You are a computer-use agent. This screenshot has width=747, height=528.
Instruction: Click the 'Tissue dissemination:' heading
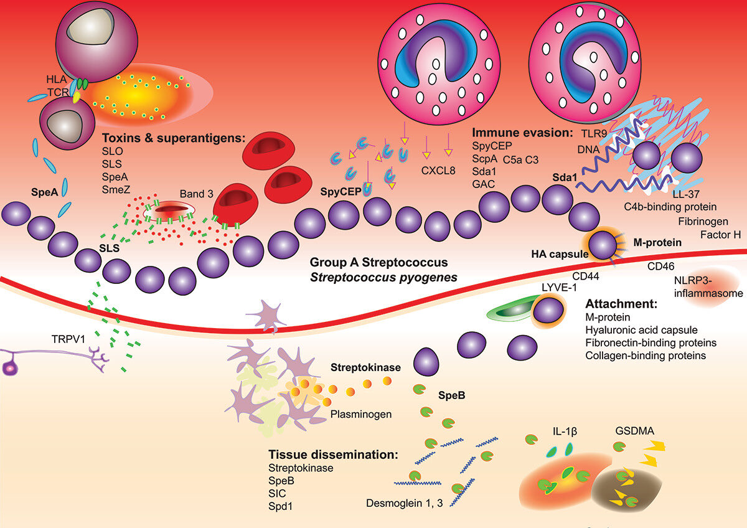click(x=333, y=455)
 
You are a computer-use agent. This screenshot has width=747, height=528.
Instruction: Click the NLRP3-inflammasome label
click(x=708, y=287)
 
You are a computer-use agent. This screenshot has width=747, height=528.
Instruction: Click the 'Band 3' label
click(x=197, y=194)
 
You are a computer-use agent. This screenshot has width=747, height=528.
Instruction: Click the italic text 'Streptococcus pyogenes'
click(x=379, y=276)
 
